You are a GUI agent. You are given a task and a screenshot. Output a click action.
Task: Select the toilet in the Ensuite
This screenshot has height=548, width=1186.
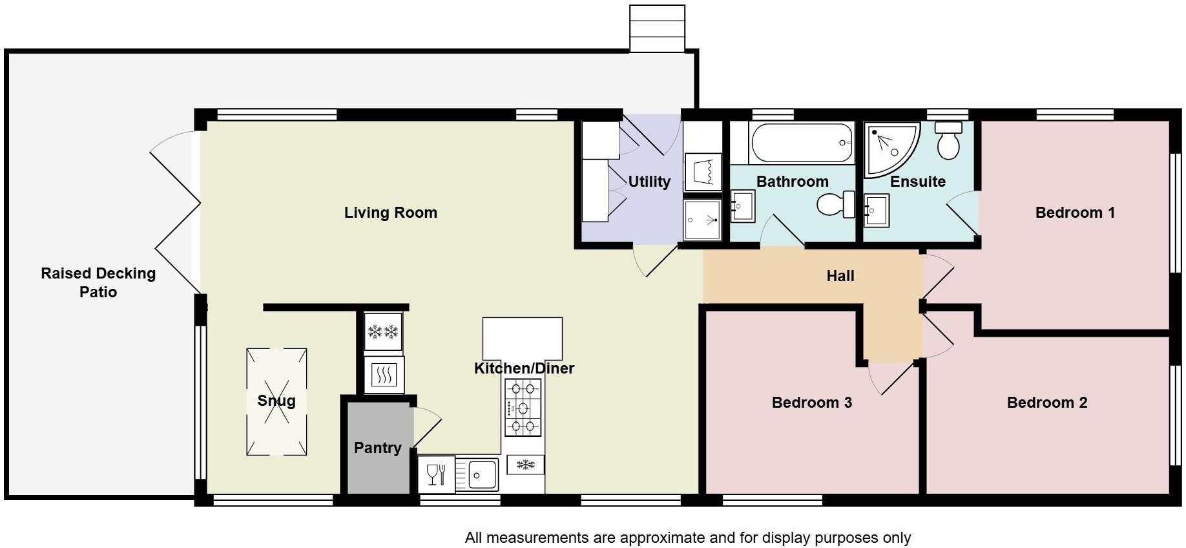pyautogui.click(x=949, y=141)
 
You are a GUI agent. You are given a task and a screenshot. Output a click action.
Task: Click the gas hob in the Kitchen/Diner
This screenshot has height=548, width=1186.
pyautogui.click(x=523, y=408)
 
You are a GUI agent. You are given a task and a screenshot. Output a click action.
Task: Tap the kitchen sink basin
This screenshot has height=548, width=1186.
pyautogui.click(x=482, y=474)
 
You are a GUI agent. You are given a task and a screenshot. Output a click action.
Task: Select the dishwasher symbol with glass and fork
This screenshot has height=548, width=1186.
pyautogui.click(x=436, y=474)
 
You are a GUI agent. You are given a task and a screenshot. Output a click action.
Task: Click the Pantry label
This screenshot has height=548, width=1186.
pyautogui.click(x=377, y=448)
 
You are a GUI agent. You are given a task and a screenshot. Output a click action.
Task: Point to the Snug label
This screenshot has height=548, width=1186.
pyautogui.click(x=276, y=401)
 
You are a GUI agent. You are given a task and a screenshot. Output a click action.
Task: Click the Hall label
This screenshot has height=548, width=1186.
pyautogui.click(x=840, y=277)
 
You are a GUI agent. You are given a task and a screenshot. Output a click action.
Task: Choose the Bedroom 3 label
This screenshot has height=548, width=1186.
pyautogui.click(x=811, y=403)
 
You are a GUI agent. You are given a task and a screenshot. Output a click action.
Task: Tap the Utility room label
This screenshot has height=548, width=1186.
pyautogui.click(x=649, y=182)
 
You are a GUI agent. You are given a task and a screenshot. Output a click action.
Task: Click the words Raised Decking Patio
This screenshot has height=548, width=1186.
pyautogui.click(x=98, y=282)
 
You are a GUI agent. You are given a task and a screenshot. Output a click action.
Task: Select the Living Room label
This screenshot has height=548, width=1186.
pyautogui.click(x=390, y=213)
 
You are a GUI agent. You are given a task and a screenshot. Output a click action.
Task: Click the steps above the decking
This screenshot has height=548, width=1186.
pyautogui.click(x=657, y=28)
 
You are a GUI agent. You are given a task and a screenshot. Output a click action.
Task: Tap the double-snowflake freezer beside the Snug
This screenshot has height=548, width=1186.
pyautogui.click(x=383, y=332)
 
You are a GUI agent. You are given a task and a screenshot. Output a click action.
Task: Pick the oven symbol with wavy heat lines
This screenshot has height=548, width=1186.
pyautogui.click(x=384, y=375)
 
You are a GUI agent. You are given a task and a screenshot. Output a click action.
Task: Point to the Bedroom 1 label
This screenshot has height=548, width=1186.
pyautogui.click(x=1074, y=213)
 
